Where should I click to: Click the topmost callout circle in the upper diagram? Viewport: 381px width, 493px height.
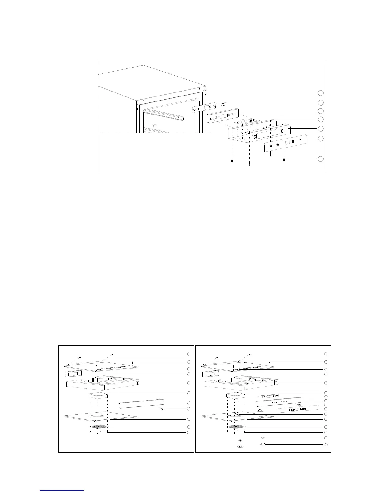[x=321, y=93]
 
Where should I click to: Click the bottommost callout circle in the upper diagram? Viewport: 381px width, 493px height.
[x=321, y=159]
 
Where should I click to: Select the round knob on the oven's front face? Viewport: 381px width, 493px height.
[x=154, y=125]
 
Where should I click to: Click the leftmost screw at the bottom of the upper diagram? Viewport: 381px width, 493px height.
[x=232, y=161]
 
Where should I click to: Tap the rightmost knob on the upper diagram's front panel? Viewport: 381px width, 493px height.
[x=300, y=140]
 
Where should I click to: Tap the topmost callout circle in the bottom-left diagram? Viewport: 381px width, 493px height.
[x=188, y=354]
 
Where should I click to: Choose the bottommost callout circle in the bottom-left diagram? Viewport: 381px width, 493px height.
[x=188, y=433]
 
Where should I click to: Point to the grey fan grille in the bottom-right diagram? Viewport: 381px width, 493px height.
[x=236, y=426]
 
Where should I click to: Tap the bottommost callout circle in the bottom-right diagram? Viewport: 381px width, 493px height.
[x=326, y=444]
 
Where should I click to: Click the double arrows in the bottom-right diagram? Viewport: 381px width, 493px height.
[x=257, y=397]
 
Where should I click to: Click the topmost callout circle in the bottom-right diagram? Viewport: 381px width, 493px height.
[x=326, y=354]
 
